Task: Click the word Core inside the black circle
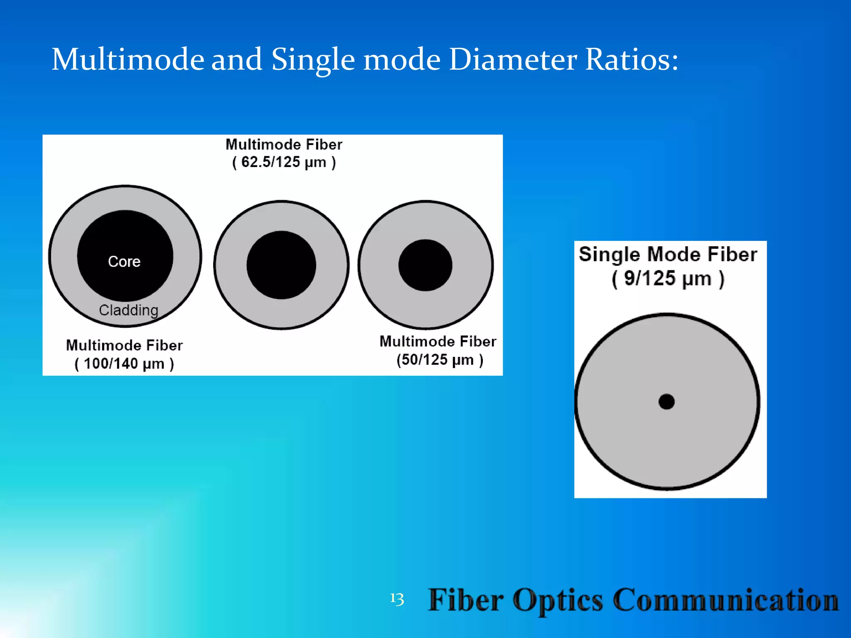point(124,262)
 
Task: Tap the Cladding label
point(128,310)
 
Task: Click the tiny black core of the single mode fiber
point(667,402)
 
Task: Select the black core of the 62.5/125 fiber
point(281,265)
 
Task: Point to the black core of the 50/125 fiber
point(425,265)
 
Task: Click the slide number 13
point(397,599)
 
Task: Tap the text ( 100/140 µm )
point(124,364)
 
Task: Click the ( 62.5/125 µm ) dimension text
point(284,162)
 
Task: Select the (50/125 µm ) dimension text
point(440,360)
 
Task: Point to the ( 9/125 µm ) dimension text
point(668,278)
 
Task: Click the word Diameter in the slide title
point(513,59)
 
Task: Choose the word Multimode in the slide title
point(128,59)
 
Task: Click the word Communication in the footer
point(726,600)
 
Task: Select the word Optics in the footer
point(558,600)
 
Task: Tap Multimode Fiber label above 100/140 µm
point(124,345)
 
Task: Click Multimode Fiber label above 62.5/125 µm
point(284,145)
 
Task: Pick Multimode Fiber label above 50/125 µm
point(438,341)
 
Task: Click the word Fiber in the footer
point(466,600)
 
